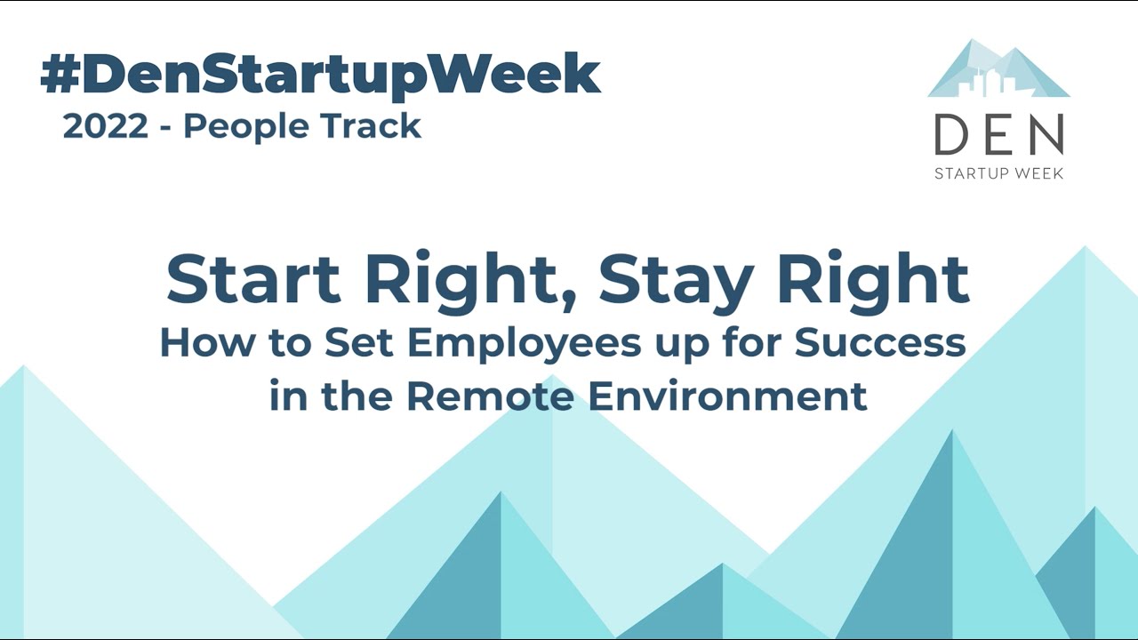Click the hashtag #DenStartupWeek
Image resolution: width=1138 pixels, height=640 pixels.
[320, 75]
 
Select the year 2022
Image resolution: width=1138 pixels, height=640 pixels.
[106, 127]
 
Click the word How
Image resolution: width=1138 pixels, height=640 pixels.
[194, 343]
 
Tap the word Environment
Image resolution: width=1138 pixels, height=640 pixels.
[728, 396]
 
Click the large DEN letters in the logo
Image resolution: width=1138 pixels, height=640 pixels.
[998, 135]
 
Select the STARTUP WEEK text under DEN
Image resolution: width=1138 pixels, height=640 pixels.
[998, 173]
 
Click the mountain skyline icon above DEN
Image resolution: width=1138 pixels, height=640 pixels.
[998, 71]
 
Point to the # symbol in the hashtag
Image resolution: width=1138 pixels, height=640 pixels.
[60, 75]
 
